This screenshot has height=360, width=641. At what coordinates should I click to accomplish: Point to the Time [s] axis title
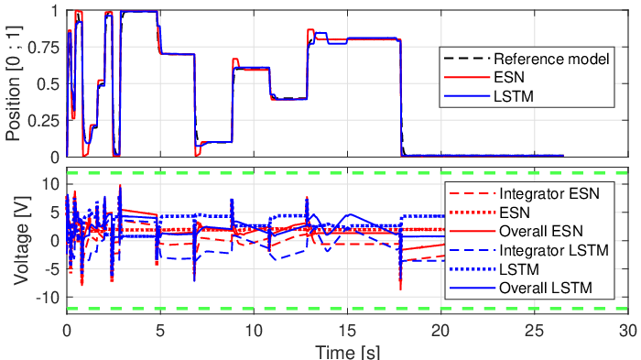[347, 352]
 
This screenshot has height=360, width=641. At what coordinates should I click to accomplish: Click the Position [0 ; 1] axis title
[14, 83]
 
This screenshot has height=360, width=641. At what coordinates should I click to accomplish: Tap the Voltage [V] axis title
[22, 241]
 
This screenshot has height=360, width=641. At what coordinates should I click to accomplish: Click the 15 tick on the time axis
[347, 331]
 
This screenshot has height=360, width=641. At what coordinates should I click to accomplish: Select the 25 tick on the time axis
[535, 331]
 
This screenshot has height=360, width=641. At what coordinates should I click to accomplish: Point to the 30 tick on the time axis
[628, 331]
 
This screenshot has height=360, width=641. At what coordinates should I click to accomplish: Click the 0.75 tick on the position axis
[43, 48]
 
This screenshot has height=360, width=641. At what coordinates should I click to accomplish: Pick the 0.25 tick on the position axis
[43, 121]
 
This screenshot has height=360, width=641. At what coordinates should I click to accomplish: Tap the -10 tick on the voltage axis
[48, 298]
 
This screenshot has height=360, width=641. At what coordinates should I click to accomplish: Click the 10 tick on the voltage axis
[50, 184]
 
